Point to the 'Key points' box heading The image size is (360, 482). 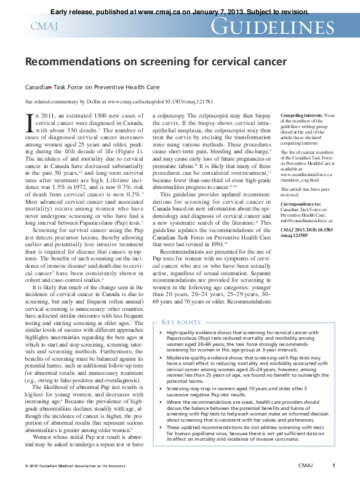click(x=181, y=322)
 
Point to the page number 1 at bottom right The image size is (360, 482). click(x=334, y=466)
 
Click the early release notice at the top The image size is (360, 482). click(x=179, y=11)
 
